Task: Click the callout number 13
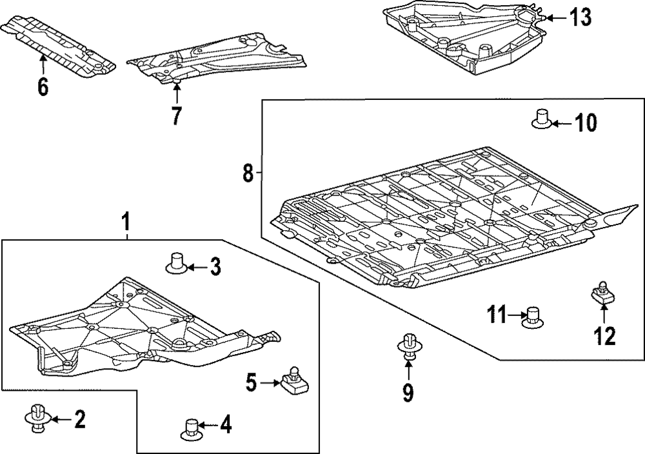point(580,18)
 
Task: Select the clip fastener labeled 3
point(176,262)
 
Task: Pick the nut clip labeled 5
point(294,381)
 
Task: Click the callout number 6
point(43,86)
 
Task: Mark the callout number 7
point(177,115)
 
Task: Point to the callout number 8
point(248,172)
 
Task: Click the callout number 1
point(126,223)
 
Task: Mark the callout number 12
point(604,335)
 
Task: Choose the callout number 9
point(408,391)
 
